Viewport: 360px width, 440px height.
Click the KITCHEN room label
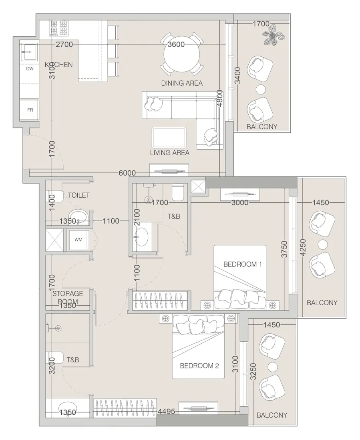point(58,64)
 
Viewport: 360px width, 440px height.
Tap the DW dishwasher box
point(30,69)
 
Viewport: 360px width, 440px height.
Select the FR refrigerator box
point(30,110)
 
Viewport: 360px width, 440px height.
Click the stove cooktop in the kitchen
point(58,28)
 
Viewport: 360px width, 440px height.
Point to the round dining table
point(182,55)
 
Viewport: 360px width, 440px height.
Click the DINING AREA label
point(182,83)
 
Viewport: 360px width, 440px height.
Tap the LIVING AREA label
point(169,152)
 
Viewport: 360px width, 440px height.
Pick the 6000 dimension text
point(127,173)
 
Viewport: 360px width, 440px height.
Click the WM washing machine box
point(78,239)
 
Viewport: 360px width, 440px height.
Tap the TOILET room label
point(78,195)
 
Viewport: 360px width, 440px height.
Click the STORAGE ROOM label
point(68,298)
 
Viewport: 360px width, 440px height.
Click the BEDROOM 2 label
point(199,365)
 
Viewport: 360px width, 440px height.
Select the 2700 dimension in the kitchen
point(64,44)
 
